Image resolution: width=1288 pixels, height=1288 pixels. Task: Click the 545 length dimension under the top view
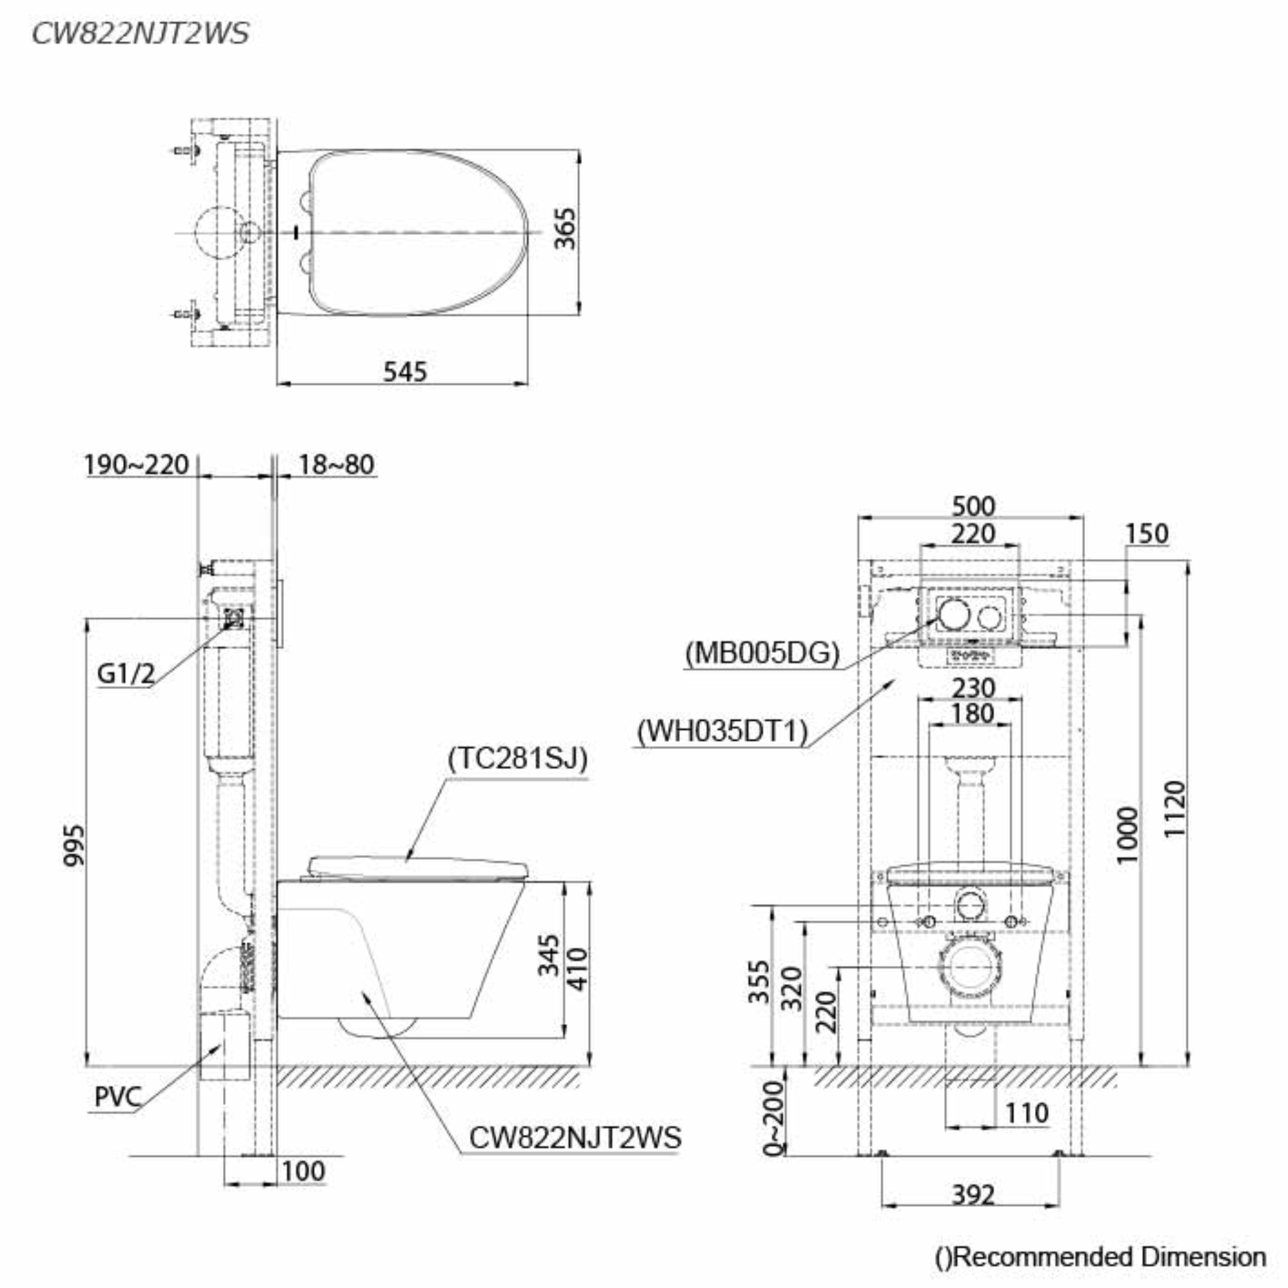point(404,372)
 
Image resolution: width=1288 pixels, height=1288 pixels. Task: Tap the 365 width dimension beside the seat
point(565,229)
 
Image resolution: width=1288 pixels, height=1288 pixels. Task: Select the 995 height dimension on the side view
point(74,846)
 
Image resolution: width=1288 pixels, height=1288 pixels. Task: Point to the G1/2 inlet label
point(126,674)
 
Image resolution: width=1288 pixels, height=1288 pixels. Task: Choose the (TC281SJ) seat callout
point(518,758)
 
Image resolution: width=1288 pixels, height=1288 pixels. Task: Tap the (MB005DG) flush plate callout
point(762,652)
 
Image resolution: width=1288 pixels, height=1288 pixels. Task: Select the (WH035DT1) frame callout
point(722,732)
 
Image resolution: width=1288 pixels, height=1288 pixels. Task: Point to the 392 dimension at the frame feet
point(972,1195)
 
